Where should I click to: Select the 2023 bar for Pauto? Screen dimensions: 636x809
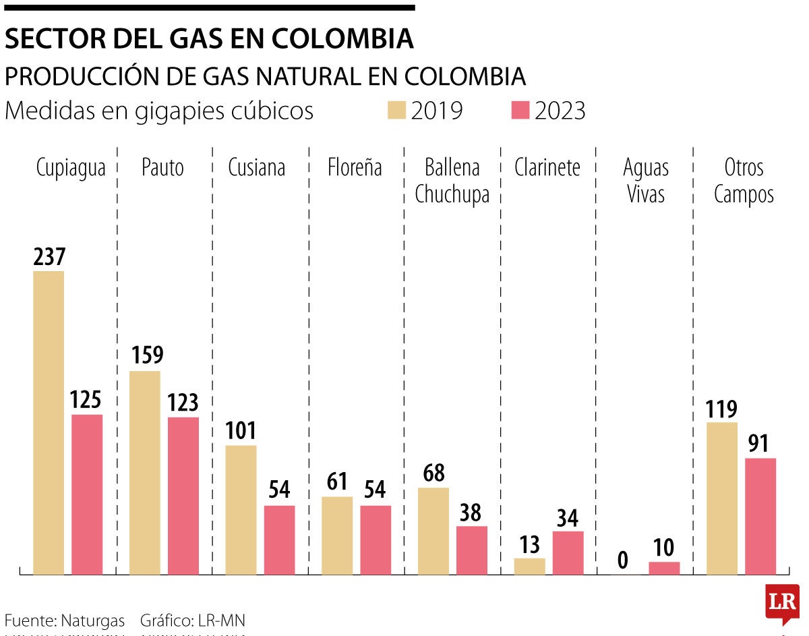click(183, 496)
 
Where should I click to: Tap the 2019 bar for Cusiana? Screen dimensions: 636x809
click(241, 510)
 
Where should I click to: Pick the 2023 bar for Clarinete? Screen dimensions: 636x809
click(568, 553)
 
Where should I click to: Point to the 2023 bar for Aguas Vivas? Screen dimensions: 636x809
click(664, 568)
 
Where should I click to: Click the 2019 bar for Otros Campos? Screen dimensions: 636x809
click(722, 498)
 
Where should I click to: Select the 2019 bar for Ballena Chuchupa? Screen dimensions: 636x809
click(433, 531)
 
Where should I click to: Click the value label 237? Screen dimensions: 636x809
click(49, 257)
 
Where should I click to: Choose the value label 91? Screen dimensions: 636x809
click(760, 444)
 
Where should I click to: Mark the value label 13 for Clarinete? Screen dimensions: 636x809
click(530, 544)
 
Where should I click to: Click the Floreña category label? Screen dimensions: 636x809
click(355, 167)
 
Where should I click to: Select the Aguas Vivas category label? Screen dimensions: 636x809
click(645, 181)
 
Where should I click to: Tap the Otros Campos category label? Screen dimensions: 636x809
click(744, 181)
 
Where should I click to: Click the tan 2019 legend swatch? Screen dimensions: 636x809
click(398, 111)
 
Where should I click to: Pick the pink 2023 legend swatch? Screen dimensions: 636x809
click(520, 111)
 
